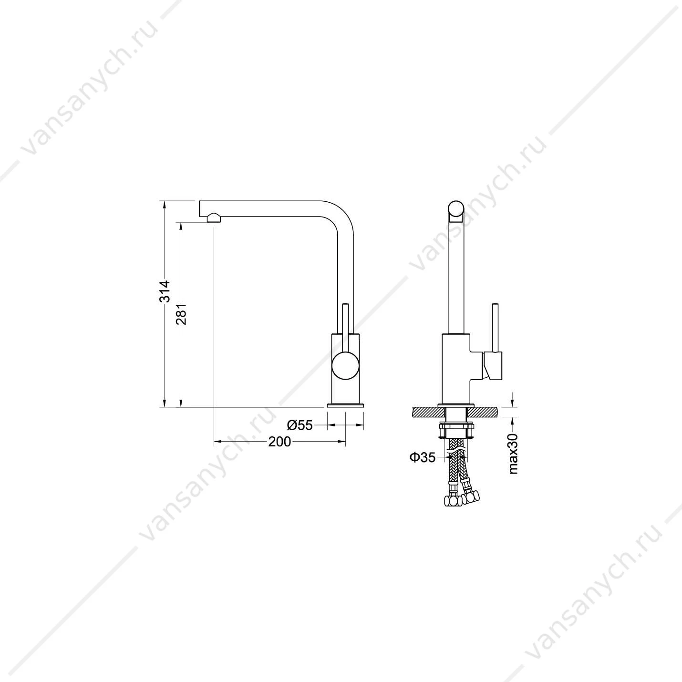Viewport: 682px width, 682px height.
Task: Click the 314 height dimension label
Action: (x=165, y=291)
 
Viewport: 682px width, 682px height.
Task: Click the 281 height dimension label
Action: (x=181, y=314)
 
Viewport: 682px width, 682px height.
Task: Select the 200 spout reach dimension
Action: (x=279, y=441)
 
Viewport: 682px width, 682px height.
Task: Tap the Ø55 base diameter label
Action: (x=300, y=425)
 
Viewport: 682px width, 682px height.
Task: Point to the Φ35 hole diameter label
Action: (x=423, y=458)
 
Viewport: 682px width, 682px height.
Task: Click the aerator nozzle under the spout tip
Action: (x=214, y=217)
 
